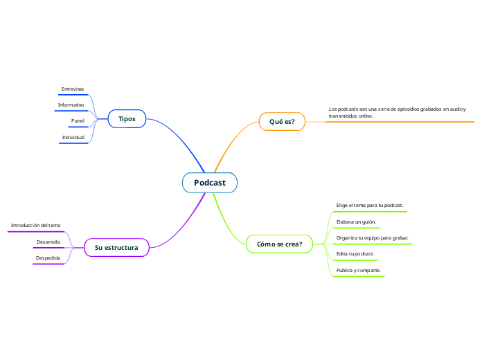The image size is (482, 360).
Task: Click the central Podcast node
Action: click(209, 183)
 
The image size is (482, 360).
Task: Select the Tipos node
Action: click(127, 119)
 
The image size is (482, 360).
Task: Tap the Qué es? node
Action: click(282, 122)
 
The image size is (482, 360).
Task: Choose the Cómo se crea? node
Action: click(279, 244)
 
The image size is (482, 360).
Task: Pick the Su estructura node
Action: click(116, 247)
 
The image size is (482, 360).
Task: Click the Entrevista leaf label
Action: click(73, 89)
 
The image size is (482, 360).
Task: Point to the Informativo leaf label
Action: click(71, 105)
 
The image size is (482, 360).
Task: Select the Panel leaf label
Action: click(78, 121)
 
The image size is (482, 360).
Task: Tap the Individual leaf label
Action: click(73, 137)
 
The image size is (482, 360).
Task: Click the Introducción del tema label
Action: click(35, 225)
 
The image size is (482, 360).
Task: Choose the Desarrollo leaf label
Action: click(48, 242)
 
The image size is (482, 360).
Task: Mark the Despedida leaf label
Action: click(48, 258)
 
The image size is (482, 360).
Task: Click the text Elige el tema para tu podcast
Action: click(369, 206)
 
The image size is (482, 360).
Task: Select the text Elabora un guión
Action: click(356, 222)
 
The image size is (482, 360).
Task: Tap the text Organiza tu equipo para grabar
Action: click(372, 237)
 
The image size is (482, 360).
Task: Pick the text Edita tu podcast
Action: click(355, 253)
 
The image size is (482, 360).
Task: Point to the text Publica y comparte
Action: click(358, 269)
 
